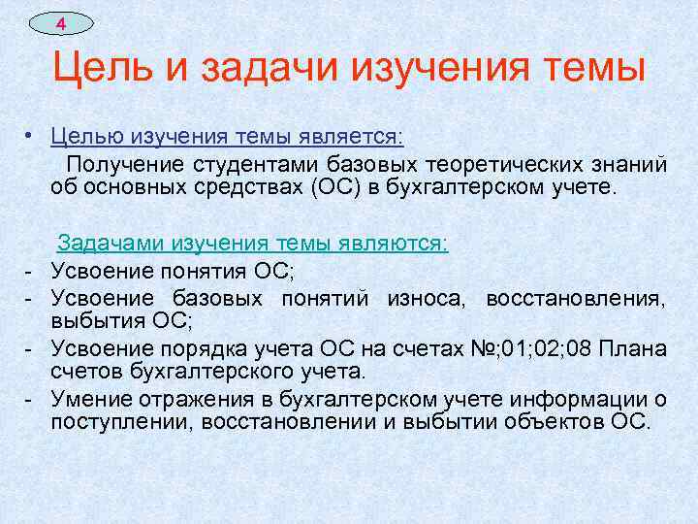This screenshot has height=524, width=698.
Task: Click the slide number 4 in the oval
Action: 60,22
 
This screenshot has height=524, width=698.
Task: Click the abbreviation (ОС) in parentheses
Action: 338,186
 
